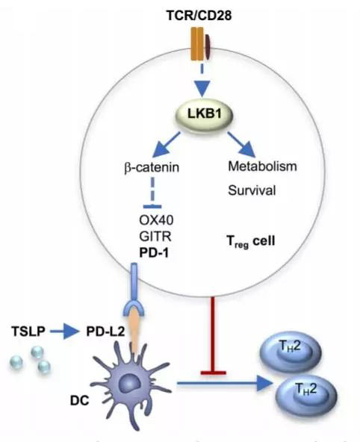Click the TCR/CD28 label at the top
pos(199,15)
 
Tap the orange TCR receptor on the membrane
pos(196,44)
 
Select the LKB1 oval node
pos(205,115)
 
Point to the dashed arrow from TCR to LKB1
pos(202,81)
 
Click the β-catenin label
pos(152,167)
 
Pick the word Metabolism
pos(262,166)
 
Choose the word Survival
pos(252,190)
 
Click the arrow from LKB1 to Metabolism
pos(241,144)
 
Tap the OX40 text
pos(156,220)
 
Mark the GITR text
pos(155,236)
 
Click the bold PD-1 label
pos(154,252)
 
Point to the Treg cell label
pos(251,241)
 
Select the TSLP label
pos(28,331)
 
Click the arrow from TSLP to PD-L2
pos(64,331)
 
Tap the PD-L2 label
pos(105,331)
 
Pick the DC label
pos(79,400)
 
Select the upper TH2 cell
pos(291,352)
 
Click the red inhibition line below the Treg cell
pos(214,335)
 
